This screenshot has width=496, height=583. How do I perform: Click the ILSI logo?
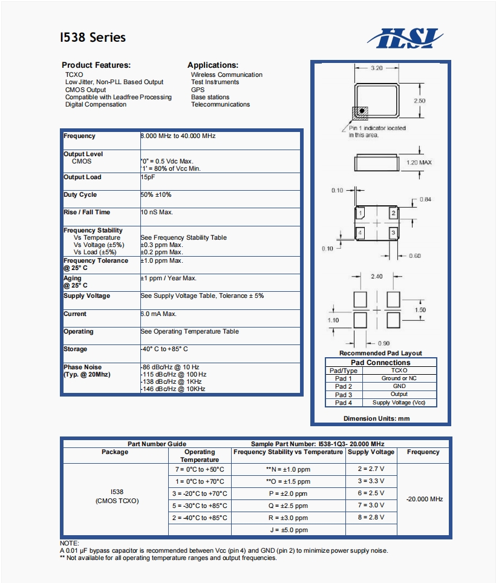[405, 38]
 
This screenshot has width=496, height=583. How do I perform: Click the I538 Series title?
[93, 38]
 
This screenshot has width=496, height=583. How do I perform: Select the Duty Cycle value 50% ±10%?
[156, 195]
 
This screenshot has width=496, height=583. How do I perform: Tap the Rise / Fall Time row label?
[87, 212]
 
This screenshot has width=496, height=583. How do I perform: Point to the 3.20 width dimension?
[376, 68]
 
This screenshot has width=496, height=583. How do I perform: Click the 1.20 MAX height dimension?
[419, 163]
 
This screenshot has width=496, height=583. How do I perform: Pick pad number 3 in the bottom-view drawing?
[393, 232]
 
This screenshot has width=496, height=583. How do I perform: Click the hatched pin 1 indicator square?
[359, 112]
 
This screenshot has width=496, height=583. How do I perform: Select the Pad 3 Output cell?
[399, 394]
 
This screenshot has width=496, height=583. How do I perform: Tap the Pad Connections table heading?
[380, 363]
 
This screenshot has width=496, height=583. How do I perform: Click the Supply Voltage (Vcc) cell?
[399, 403]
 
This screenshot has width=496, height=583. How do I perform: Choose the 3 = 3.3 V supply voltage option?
[371, 481]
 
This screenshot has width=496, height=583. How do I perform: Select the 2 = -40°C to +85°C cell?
[200, 518]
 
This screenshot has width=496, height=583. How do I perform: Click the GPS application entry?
[198, 90]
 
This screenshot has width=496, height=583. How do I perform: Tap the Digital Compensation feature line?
[96, 105]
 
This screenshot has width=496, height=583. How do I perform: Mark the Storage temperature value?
[165, 349]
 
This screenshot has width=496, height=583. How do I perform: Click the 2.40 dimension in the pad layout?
[376, 277]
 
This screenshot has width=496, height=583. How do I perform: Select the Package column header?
[115, 452]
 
